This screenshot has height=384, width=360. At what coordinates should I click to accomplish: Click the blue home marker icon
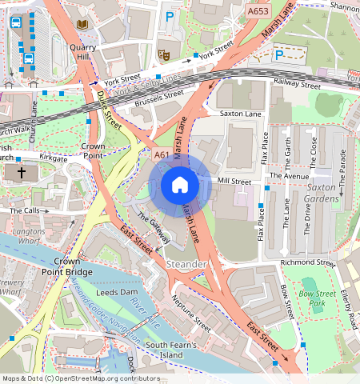(180, 185)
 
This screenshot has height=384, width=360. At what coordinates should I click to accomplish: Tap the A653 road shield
(258, 12)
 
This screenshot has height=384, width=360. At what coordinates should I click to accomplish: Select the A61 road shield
(162, 155)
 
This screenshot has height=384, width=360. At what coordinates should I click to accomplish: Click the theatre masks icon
(164, 55)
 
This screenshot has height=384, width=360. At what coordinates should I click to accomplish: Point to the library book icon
(82, 25)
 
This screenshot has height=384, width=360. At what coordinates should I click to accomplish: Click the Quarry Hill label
(83, 52)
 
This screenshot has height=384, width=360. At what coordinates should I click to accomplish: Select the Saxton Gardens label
(324, 193)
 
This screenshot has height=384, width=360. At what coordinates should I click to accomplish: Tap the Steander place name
(186, 264)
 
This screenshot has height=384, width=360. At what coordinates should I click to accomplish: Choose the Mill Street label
(234, 182)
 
